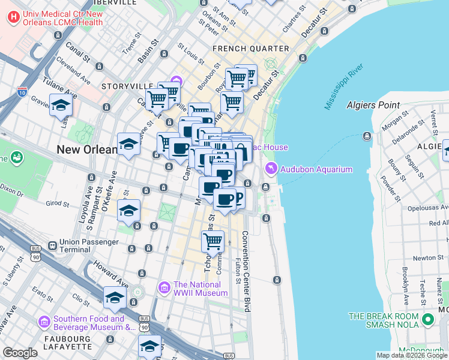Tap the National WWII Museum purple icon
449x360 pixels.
164,289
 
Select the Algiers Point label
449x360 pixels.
373,105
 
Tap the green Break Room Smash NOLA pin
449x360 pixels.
427,319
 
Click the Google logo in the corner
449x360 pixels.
20,353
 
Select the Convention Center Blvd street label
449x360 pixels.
246,271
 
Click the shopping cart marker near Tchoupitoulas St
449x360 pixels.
212,242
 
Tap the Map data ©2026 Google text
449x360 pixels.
411,355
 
